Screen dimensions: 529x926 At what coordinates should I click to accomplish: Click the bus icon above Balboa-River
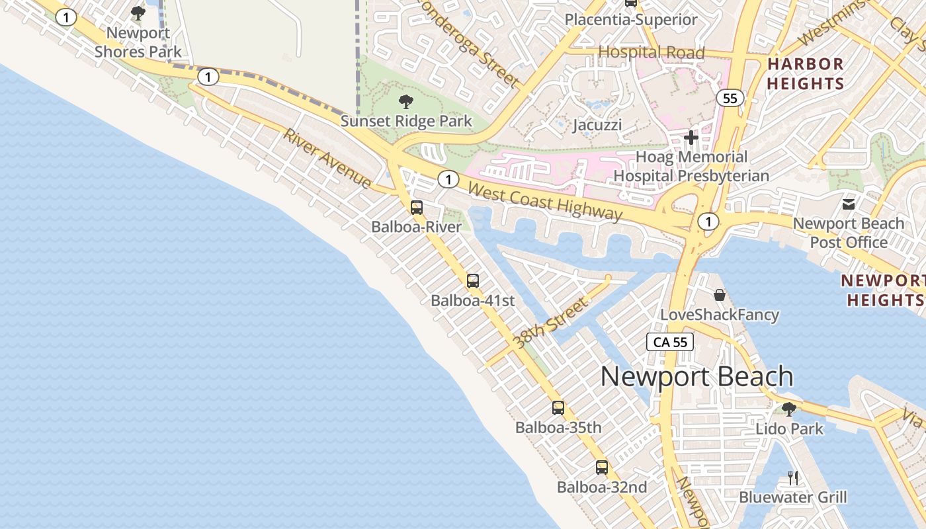[417, 207]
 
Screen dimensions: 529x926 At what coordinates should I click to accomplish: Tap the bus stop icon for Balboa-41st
[473, 280]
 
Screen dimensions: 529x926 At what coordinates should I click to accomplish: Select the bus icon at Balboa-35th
[558, 407]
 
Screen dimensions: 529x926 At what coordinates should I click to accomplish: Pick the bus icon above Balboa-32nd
[602, 467]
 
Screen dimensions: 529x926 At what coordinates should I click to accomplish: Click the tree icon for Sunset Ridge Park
[406, 102]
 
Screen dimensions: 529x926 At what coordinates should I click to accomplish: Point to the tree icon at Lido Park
[788, 409]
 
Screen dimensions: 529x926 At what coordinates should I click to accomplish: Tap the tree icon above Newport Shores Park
[138, 13]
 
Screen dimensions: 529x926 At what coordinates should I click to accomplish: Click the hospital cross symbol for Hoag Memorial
[691, 138]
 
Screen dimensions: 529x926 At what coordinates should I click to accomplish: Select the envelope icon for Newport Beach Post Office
[849, 204]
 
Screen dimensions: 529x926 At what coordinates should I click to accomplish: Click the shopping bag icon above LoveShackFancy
[720, 295]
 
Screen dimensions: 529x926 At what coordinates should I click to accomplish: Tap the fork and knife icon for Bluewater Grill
[793, 477]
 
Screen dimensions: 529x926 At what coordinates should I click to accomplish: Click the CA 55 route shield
[671, 342]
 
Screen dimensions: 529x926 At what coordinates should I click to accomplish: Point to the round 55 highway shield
[730, 99]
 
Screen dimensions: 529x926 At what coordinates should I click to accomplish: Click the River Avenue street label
[327, 158]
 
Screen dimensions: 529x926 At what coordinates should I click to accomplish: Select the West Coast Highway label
[545, 201]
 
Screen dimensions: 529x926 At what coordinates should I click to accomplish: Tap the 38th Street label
[550, 323]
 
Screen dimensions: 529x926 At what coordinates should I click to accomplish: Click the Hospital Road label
[652, 52]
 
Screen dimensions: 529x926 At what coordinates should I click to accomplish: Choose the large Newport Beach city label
[697, 376]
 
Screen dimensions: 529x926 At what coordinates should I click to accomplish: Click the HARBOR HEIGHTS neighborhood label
[805, 74]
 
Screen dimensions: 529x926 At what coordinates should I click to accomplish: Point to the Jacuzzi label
[598, 125]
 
